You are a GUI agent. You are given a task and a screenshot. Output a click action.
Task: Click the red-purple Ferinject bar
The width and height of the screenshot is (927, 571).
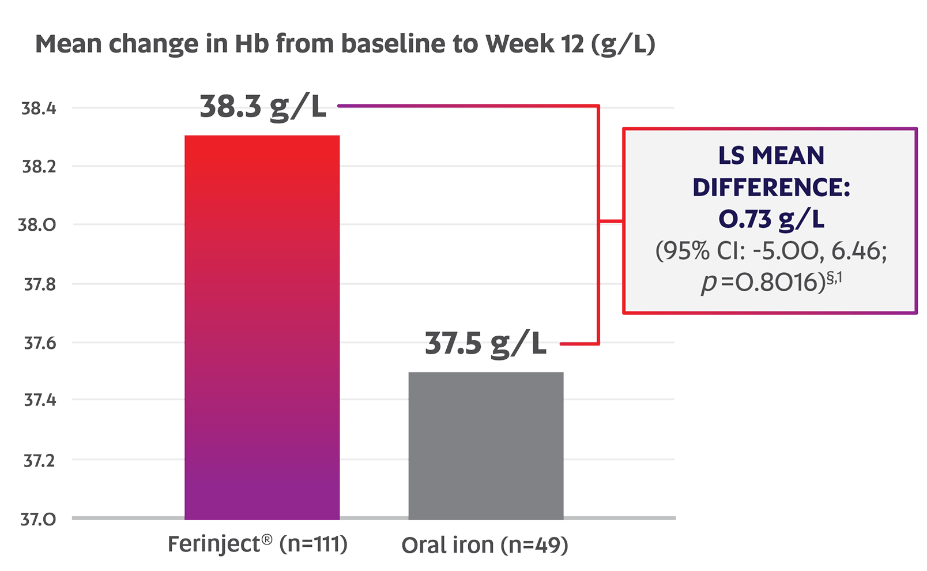262,327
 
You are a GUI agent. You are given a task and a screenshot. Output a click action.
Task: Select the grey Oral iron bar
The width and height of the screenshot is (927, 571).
485,445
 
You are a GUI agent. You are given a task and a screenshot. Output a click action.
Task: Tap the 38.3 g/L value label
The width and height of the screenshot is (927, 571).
263,107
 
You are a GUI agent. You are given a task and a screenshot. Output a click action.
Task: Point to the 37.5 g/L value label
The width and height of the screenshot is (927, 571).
485,344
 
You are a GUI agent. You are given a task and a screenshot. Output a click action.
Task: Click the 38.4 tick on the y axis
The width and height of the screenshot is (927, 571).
39,108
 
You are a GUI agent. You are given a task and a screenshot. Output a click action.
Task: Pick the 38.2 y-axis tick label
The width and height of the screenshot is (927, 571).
39,167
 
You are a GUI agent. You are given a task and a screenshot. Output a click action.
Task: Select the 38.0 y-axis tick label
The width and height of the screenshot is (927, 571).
37,225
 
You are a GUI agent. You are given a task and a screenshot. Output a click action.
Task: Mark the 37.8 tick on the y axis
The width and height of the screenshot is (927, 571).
39,284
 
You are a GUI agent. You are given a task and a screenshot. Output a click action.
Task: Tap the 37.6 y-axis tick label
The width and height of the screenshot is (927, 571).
39,343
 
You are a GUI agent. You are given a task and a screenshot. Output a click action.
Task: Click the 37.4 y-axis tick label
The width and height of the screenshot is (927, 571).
39,400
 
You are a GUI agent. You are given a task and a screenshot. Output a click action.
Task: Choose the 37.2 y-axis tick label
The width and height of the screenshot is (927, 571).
39,461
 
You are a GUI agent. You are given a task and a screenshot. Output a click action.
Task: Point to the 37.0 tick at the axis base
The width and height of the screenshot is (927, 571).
38,520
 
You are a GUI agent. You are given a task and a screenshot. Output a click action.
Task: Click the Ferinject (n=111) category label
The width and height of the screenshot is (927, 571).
257,544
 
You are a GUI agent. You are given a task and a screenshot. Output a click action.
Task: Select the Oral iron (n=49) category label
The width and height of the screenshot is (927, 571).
485,545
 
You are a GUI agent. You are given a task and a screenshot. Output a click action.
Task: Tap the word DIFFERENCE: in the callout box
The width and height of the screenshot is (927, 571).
771,187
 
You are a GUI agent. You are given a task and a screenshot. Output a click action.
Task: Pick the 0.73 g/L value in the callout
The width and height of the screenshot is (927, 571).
771,219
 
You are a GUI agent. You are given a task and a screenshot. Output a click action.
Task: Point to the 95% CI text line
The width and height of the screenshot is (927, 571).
771,251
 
